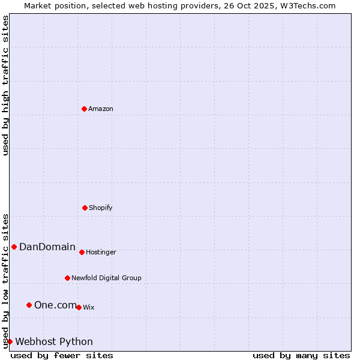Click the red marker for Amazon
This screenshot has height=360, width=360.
pyautogui.click(x=84, y=109)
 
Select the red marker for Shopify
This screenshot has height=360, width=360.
pyautogui.click(x=85, y=208)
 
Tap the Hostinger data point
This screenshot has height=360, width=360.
pyautogui.click(x=82, y=252)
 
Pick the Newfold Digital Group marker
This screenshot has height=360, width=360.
pyautogui.click(x=67, y=278)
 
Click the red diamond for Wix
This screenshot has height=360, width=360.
pyautogui.click(x=79, y=307)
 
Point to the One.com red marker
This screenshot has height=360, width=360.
pyautogui.click(x=29, y=305)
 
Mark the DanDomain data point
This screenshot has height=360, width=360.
pyautogui.click(x=14, y=247)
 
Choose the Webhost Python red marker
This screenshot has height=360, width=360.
pyautogui.click(x=10, y=341)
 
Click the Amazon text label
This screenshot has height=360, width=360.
pyautogui.click(x=101, y=109)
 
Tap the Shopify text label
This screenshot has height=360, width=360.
pyautogui.click(x=101, y=208)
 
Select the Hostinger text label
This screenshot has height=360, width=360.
pyautogui.click(x=101, y=253)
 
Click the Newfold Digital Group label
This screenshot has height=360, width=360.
pyautogui.click(x=106, y=278)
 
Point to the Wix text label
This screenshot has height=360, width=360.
pyautogui.click(x=89, y=308)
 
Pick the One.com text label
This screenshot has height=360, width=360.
pyautogui.click(x=55, y=305)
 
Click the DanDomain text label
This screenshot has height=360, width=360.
pyautogui.click(x=47, y=247)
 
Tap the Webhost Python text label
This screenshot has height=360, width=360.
pyautogui.click(x=54, y=342)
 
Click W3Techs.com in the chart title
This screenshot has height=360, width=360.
pyautogui.click(x=307, y=5)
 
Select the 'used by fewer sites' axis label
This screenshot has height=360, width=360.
pyautogui.click(x=62, y=355)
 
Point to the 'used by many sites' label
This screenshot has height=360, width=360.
pyautogui.click(x=301, y=355)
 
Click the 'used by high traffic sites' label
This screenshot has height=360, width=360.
pyautogui.click(x=5, y=85)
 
